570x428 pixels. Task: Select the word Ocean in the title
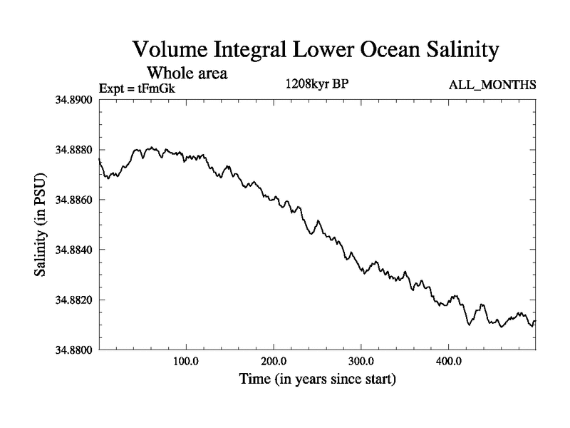click(x=366, y=51)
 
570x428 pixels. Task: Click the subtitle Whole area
click(x=187, y=73)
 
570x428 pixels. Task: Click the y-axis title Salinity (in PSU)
click(x=41, y=225)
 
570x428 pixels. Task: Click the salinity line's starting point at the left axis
click(x=98, y=160)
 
